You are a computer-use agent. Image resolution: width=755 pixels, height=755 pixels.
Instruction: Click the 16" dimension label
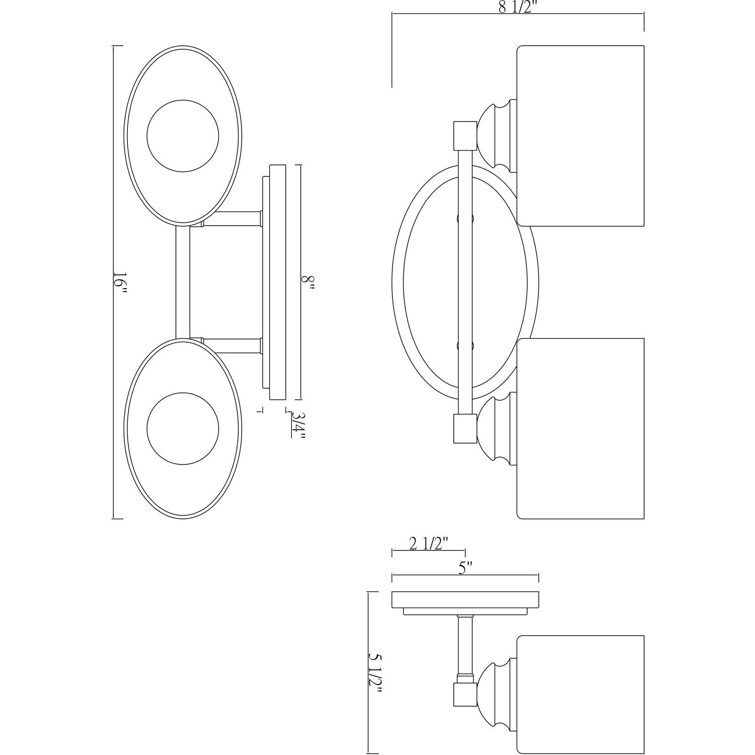tap(120, 283)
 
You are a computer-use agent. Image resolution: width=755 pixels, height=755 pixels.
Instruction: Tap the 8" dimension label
tap(307, 283)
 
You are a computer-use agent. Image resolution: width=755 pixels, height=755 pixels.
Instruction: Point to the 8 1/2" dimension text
tap(518, 8)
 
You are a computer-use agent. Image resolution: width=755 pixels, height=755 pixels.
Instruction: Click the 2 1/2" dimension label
tap(429, 544)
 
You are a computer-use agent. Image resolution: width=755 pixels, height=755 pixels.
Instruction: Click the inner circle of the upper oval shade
tap(182, 135)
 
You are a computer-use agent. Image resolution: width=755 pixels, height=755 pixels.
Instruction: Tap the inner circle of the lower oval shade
tap(182, 429)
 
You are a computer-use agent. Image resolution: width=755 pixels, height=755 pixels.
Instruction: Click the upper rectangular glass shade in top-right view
tap(580, 135)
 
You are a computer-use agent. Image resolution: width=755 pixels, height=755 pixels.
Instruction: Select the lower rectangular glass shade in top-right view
tap(580, 429)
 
